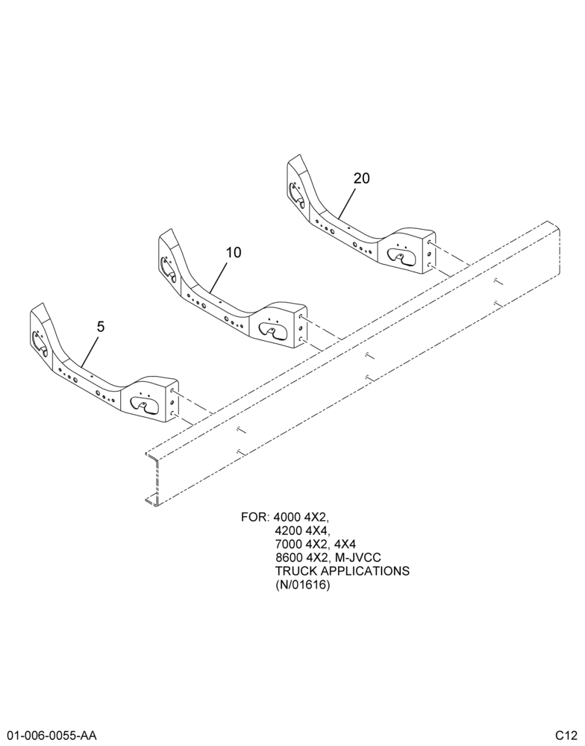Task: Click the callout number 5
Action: coord(101,327)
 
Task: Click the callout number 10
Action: coord(234,252)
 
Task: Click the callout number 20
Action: coord(361,178)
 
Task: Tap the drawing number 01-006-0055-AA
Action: coord(49,736)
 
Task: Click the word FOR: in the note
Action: coord(256,517)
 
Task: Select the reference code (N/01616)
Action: coord(302,584)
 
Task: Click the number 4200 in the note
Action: coord(287,530)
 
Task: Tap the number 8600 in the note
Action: coord(287,557)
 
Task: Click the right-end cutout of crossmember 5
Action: coord(144,404)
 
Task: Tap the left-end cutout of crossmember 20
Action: coord(295,194)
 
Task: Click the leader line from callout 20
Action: coord(346,203)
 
